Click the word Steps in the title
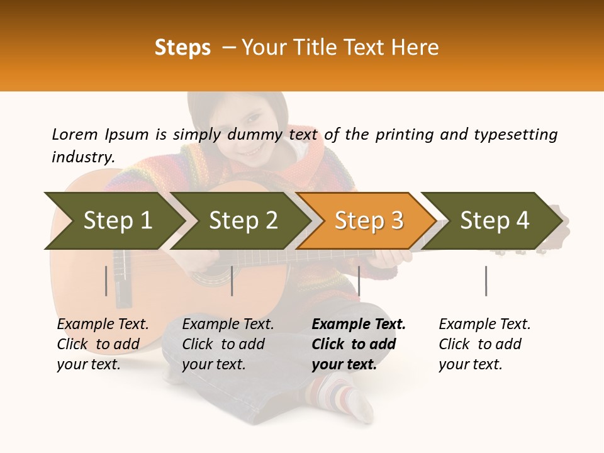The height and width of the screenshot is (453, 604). (182, 48)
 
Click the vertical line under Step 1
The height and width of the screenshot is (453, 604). (106, 281)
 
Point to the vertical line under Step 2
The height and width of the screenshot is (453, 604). (232, 281)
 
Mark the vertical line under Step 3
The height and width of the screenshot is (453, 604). (359, 281)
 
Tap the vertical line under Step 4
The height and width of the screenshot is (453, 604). (486, 281)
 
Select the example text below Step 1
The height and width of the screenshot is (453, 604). (103, 344)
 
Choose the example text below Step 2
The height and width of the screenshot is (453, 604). (228, 344)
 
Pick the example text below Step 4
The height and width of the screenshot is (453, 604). (484, 344)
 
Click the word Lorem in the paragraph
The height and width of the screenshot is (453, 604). (75, 134)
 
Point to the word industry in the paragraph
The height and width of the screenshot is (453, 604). (82, 157)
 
